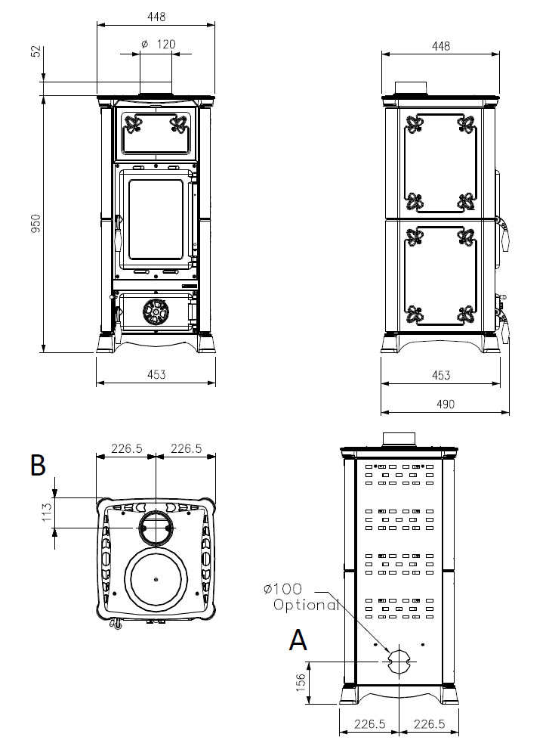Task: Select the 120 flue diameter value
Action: click(166, 45)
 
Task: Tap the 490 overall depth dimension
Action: click(446, 404)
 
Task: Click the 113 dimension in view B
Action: click(48, 513)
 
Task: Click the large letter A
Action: click(298, 640)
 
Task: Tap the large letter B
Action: click(38, 466)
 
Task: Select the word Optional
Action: click(306, 605)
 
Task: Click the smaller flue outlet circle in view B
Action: click(156, 527)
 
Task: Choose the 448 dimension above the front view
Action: click(156, 17)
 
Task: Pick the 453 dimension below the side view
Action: click(441, 375)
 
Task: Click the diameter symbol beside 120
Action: click(144, 45)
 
